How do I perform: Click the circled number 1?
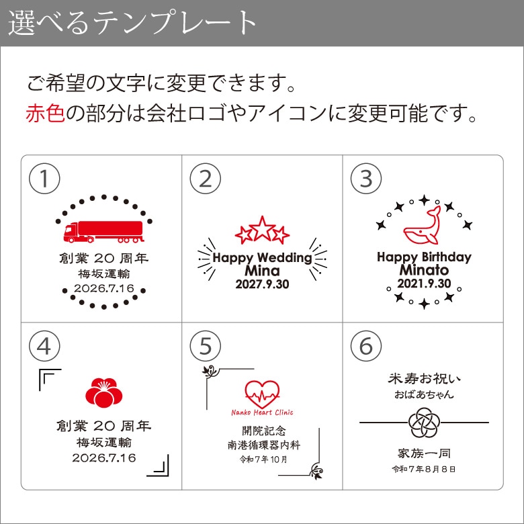tap(44, 179)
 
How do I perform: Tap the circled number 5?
tap(205, 346)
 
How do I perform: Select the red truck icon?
tap(103, 232)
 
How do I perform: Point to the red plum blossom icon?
tap(104, 392)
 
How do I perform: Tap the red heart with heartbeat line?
tap(262, 394)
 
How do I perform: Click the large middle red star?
tap(262, 228)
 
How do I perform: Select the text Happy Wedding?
tap(262, 258)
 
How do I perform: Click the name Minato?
tap(424, 270)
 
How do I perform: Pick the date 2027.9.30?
tap(262, 284)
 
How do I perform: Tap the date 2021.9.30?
tap(424, 283)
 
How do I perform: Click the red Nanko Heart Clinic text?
tap(262, 412)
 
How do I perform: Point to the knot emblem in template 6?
tap(424, 423)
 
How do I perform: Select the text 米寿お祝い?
tap(424, 379)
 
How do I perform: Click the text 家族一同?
tap(424, 453)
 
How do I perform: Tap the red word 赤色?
tap(45, 113)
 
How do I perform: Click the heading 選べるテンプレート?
tap(132, 23)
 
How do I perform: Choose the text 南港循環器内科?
tap(263, 445)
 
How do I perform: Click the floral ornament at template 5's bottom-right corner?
tap(316, 471)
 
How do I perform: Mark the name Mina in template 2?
tap(262, 271)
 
